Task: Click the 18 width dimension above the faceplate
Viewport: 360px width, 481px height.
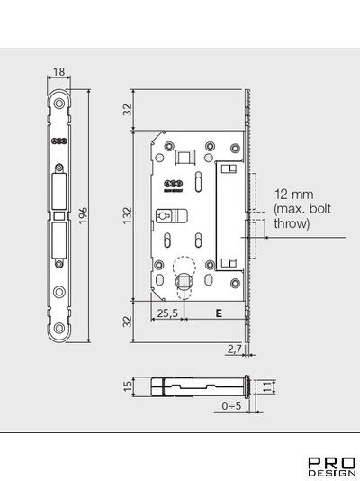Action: click(x=59, y=72)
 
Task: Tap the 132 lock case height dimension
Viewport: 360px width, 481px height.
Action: click(x=126, y=214)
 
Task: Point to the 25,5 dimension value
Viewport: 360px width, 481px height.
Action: click(x=166, y=314)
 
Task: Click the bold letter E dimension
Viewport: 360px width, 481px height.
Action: click(x=217, y=314)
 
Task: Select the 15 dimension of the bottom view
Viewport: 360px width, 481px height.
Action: click(x=127, y=386)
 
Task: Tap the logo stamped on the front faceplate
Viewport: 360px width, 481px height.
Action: click(x=58, y=141)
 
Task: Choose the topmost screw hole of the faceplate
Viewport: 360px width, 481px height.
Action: click(x=59, y=100)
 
